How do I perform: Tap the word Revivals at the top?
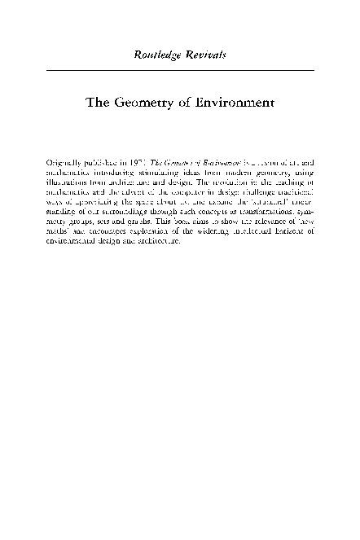click(x=204, y=55)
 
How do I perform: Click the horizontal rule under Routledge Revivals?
click(x=180, y=71)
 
